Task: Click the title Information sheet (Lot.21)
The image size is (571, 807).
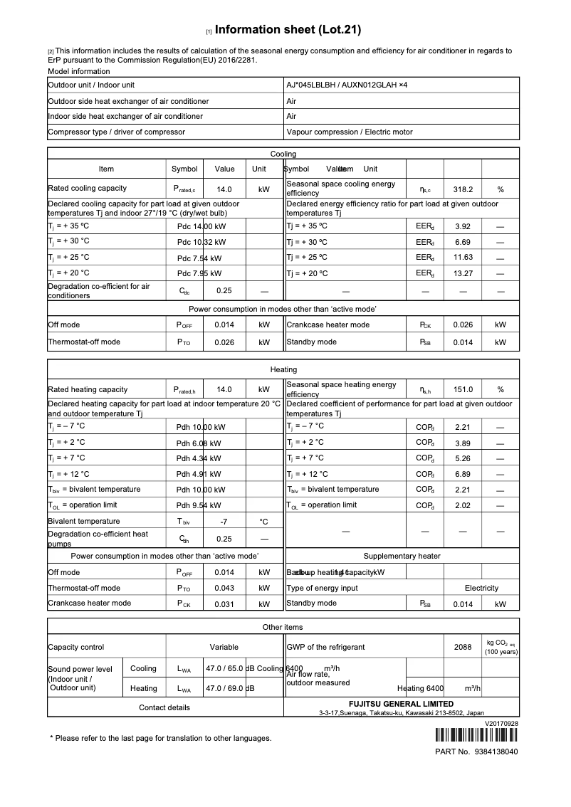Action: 288,30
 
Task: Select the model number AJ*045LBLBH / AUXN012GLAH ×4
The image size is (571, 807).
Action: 347,85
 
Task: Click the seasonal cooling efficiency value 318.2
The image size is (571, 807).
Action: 463,190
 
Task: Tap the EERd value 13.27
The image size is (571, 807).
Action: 463,273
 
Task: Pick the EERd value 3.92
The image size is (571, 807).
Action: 463,226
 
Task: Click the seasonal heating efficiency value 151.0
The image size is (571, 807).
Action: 463,390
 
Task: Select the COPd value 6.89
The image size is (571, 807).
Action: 463,474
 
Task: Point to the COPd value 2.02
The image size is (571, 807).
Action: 463,505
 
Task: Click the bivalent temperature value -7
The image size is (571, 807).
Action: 224,522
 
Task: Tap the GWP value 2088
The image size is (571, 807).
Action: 463,648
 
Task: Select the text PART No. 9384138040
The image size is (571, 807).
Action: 476,751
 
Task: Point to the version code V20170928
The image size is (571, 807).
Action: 501,722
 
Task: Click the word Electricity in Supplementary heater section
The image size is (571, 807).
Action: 481,589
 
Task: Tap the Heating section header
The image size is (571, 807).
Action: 283,370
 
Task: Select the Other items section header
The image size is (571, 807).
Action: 283,627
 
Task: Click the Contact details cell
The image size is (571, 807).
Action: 164,708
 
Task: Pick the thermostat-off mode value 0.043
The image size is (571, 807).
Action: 224,589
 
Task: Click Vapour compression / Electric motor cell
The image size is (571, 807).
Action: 349,132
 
